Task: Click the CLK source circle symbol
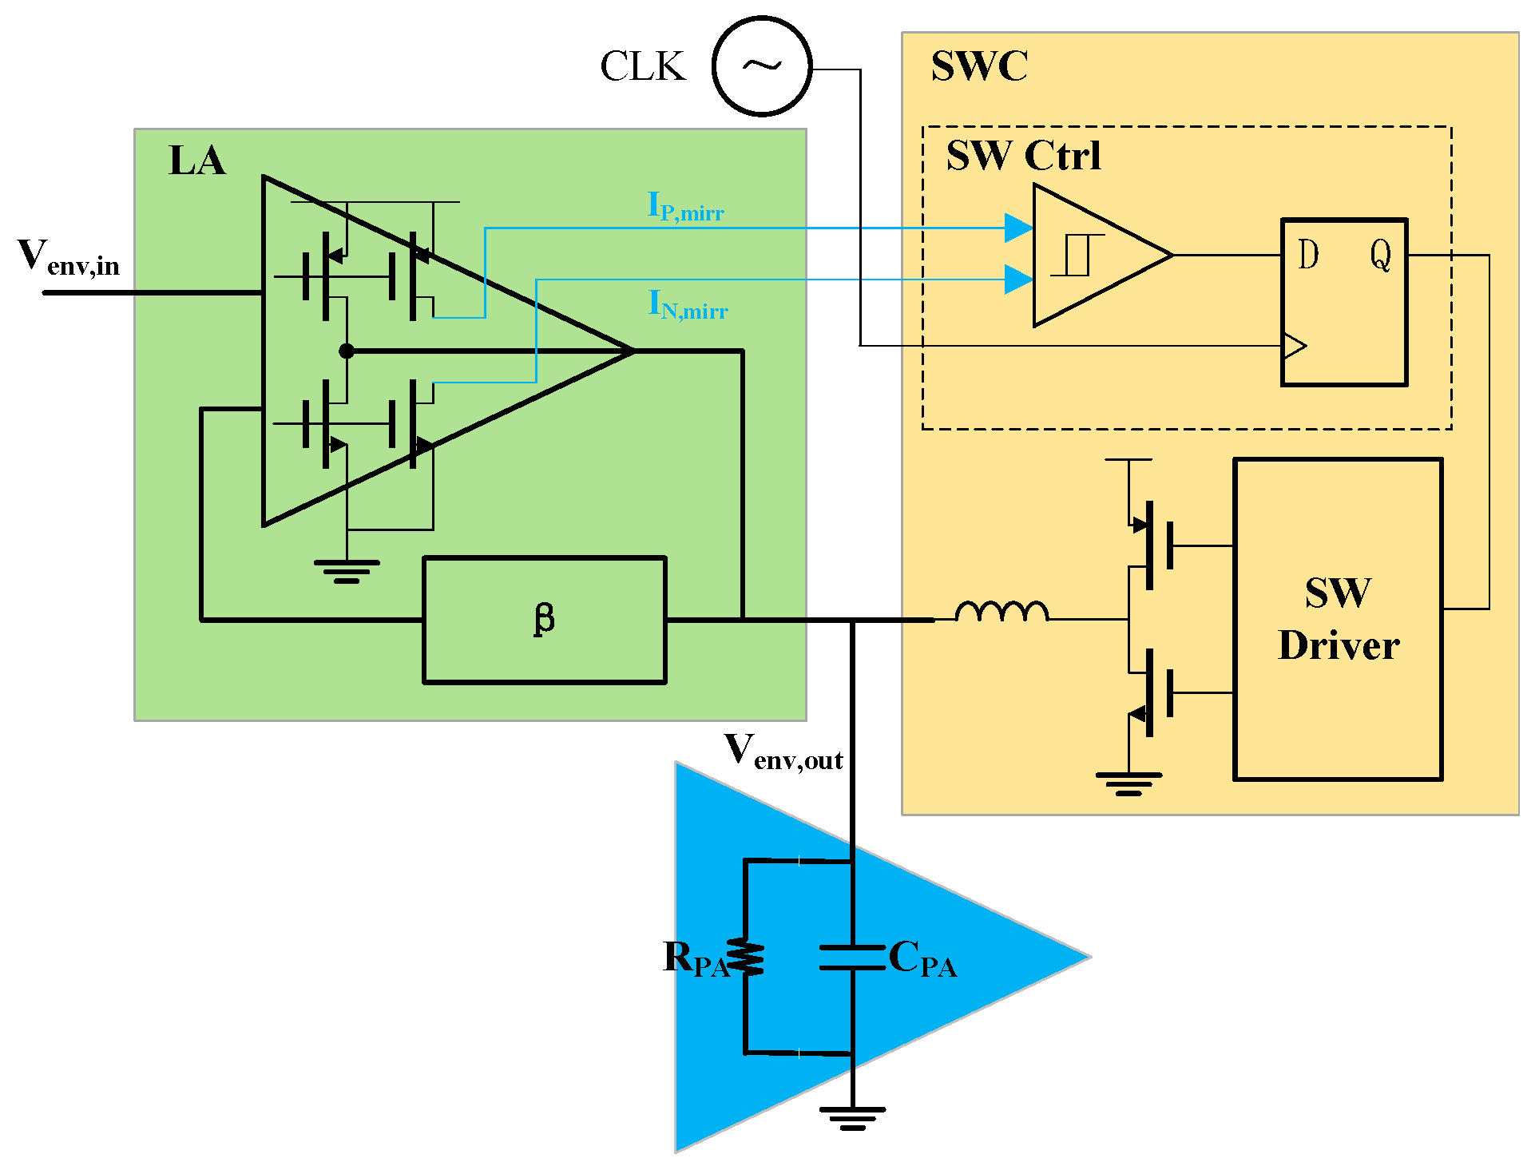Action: tap(762, 66)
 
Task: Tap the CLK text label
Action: tap(643, 66)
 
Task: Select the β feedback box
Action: tap(544, 620)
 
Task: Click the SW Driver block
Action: tap(1338, 619)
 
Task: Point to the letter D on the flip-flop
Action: tap(1308, 256)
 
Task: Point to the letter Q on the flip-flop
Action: tap(1381, 256)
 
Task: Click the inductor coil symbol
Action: tap(1002, 611)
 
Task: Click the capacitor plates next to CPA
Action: tap(852, 958)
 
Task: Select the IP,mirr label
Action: tap(685, 207)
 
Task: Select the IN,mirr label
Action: tap(688, 305)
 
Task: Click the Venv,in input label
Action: tap(69, 257)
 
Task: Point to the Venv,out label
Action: tap(783, 752)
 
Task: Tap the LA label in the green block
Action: tap(197, 161)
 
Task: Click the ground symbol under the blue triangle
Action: tap(852, 1117)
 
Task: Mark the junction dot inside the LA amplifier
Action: tap(346, 351)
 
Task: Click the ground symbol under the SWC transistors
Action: tap(1128, 783)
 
